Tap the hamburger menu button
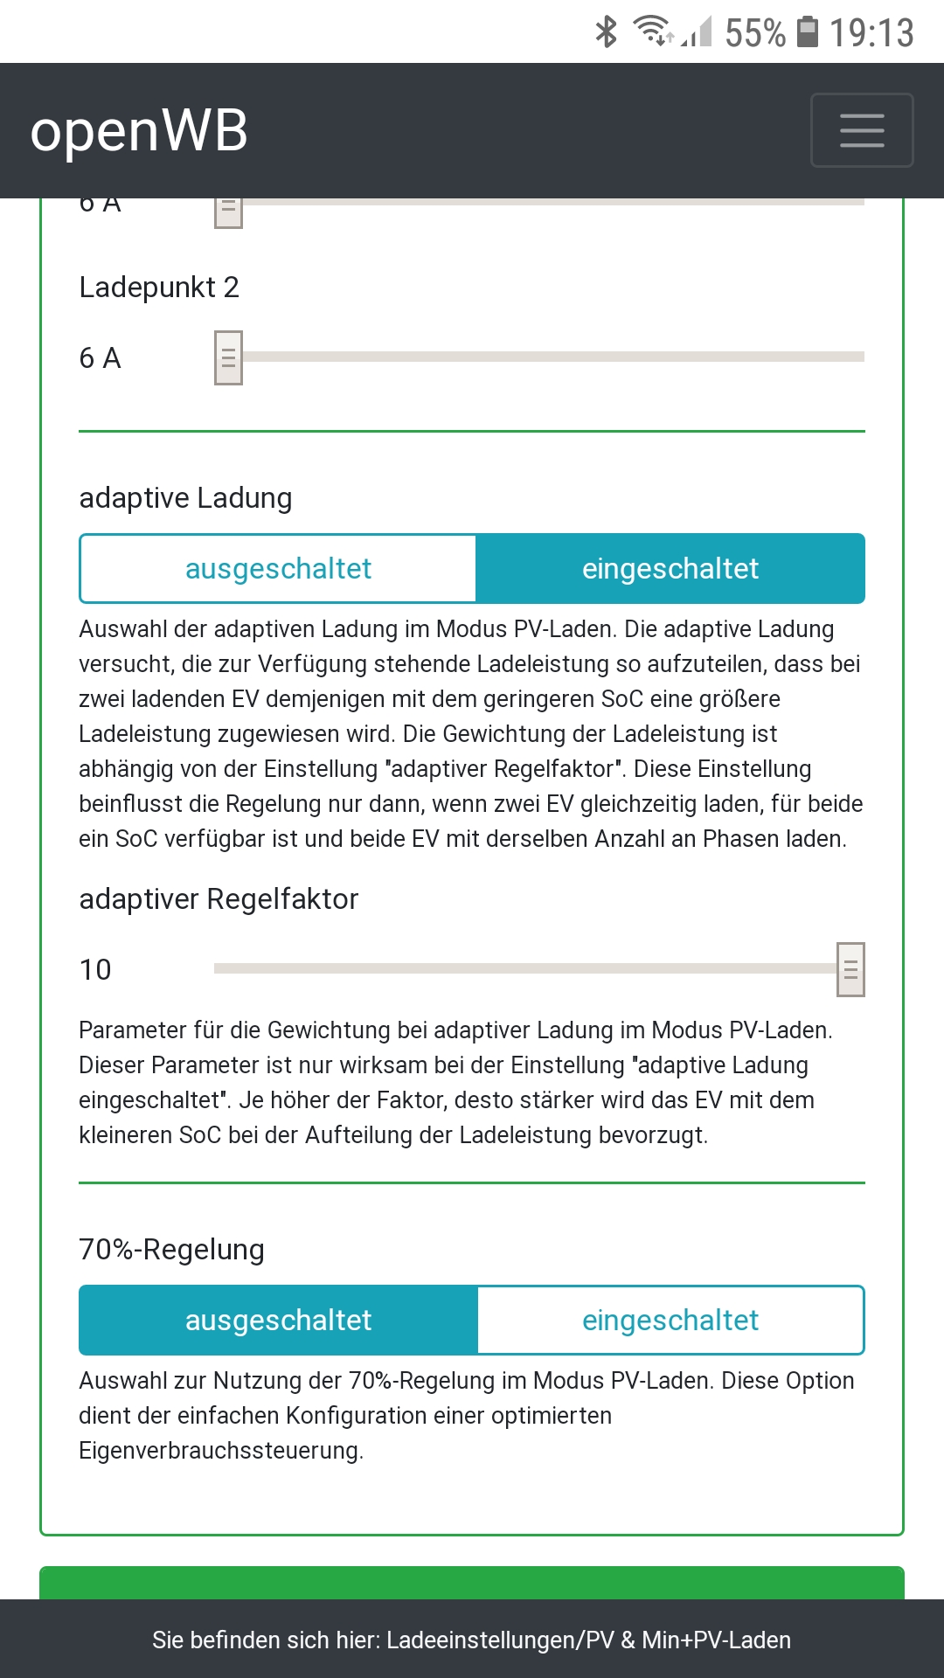(862, 130)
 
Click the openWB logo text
(139, 131)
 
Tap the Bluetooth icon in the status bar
(606, 32)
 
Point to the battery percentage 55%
(755, 33)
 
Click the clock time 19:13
(871, 33)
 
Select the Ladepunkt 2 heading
(159, 288)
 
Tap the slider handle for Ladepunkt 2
(228, 357)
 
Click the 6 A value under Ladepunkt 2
(100, 358)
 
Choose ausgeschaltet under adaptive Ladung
(278, 569)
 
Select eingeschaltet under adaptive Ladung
(670, 569)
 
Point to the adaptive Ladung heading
(185, 498)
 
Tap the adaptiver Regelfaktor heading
(219, 899)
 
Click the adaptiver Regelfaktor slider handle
(850, 969)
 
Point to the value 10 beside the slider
(95, 970)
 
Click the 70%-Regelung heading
(171, 1250)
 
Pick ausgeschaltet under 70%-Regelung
(278, 1321)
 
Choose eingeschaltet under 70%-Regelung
(670, 1321)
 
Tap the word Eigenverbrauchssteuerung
(220, 1451)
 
